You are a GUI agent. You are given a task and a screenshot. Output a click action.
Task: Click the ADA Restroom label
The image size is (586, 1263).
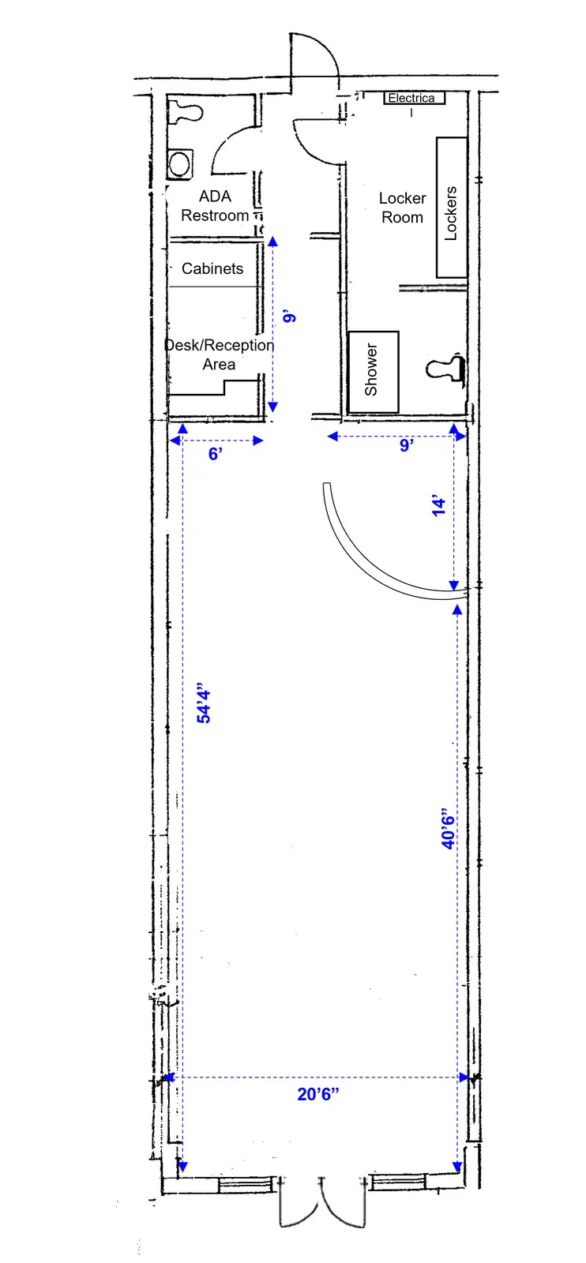point(215,206)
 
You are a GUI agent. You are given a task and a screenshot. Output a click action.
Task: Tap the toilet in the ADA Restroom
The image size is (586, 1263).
point(185,111)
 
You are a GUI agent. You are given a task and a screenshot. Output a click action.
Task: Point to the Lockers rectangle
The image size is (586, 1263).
point(452,207)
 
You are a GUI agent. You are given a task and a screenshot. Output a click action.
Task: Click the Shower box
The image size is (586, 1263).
point(374,372)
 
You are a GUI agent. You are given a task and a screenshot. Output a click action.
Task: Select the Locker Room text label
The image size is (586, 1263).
point(402,208)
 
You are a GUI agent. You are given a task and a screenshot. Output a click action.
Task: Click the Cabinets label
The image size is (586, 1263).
point(212,268)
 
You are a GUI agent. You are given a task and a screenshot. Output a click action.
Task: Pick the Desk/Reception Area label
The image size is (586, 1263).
point(219,354)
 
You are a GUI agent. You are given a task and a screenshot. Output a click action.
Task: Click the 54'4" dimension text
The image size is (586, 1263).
point(204,706)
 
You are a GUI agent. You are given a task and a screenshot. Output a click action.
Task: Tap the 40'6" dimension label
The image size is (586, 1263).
point(448,828)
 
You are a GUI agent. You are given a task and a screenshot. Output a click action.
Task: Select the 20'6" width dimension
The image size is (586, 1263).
point(318,1094)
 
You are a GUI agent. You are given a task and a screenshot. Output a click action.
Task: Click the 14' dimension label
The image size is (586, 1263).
point(439,506)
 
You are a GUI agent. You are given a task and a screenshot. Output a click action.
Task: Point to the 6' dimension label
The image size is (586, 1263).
point(216,454)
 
